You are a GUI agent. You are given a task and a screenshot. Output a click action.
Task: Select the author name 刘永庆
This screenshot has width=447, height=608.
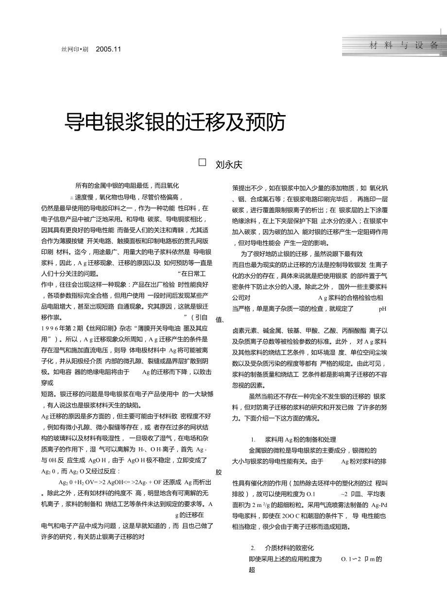coord(228,165)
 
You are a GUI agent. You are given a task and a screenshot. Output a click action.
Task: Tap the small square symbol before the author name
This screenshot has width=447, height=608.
coord(203,163)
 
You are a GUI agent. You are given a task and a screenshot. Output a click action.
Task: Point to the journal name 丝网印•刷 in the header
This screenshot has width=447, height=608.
coord(74,49)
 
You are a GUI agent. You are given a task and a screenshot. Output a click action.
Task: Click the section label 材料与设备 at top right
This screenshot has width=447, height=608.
coord(404,45)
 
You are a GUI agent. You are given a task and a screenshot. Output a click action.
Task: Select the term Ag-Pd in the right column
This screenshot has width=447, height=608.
coord(378,505)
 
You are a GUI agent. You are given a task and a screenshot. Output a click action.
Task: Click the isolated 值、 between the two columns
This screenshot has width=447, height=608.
coord(220,319)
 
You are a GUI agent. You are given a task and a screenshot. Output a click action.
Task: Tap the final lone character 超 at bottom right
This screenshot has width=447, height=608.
coord(252,570)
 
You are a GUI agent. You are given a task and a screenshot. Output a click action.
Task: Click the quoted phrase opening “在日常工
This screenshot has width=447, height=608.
coord(192,273)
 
